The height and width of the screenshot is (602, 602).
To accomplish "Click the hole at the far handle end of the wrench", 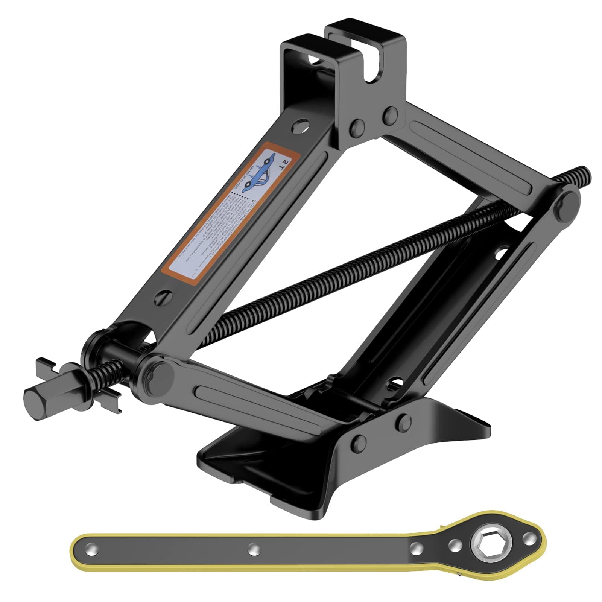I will click(91, 550).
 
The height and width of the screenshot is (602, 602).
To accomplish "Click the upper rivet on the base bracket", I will click(404, 422).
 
